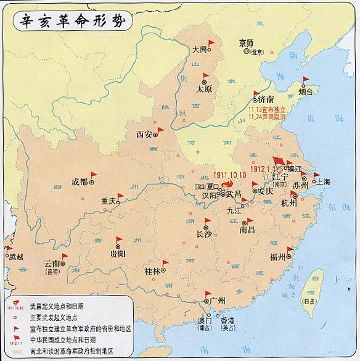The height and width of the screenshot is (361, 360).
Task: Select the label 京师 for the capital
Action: pyautogui.click(x=246, y=43)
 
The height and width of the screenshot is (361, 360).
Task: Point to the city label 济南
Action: pyautogui.click(x=266, y=99)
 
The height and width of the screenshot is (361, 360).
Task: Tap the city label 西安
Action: pyautogui.click(x=144, y=134)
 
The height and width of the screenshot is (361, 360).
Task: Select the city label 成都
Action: pyautogui.click(x=80, y=181)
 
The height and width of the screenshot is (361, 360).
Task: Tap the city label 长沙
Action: pyautogui.click(x=203, y=234)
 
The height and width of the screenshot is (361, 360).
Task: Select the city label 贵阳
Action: pyautogui.click(x=118, y=253)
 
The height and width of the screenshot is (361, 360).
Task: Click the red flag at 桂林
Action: pyautogui.click(x=165, y=260)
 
